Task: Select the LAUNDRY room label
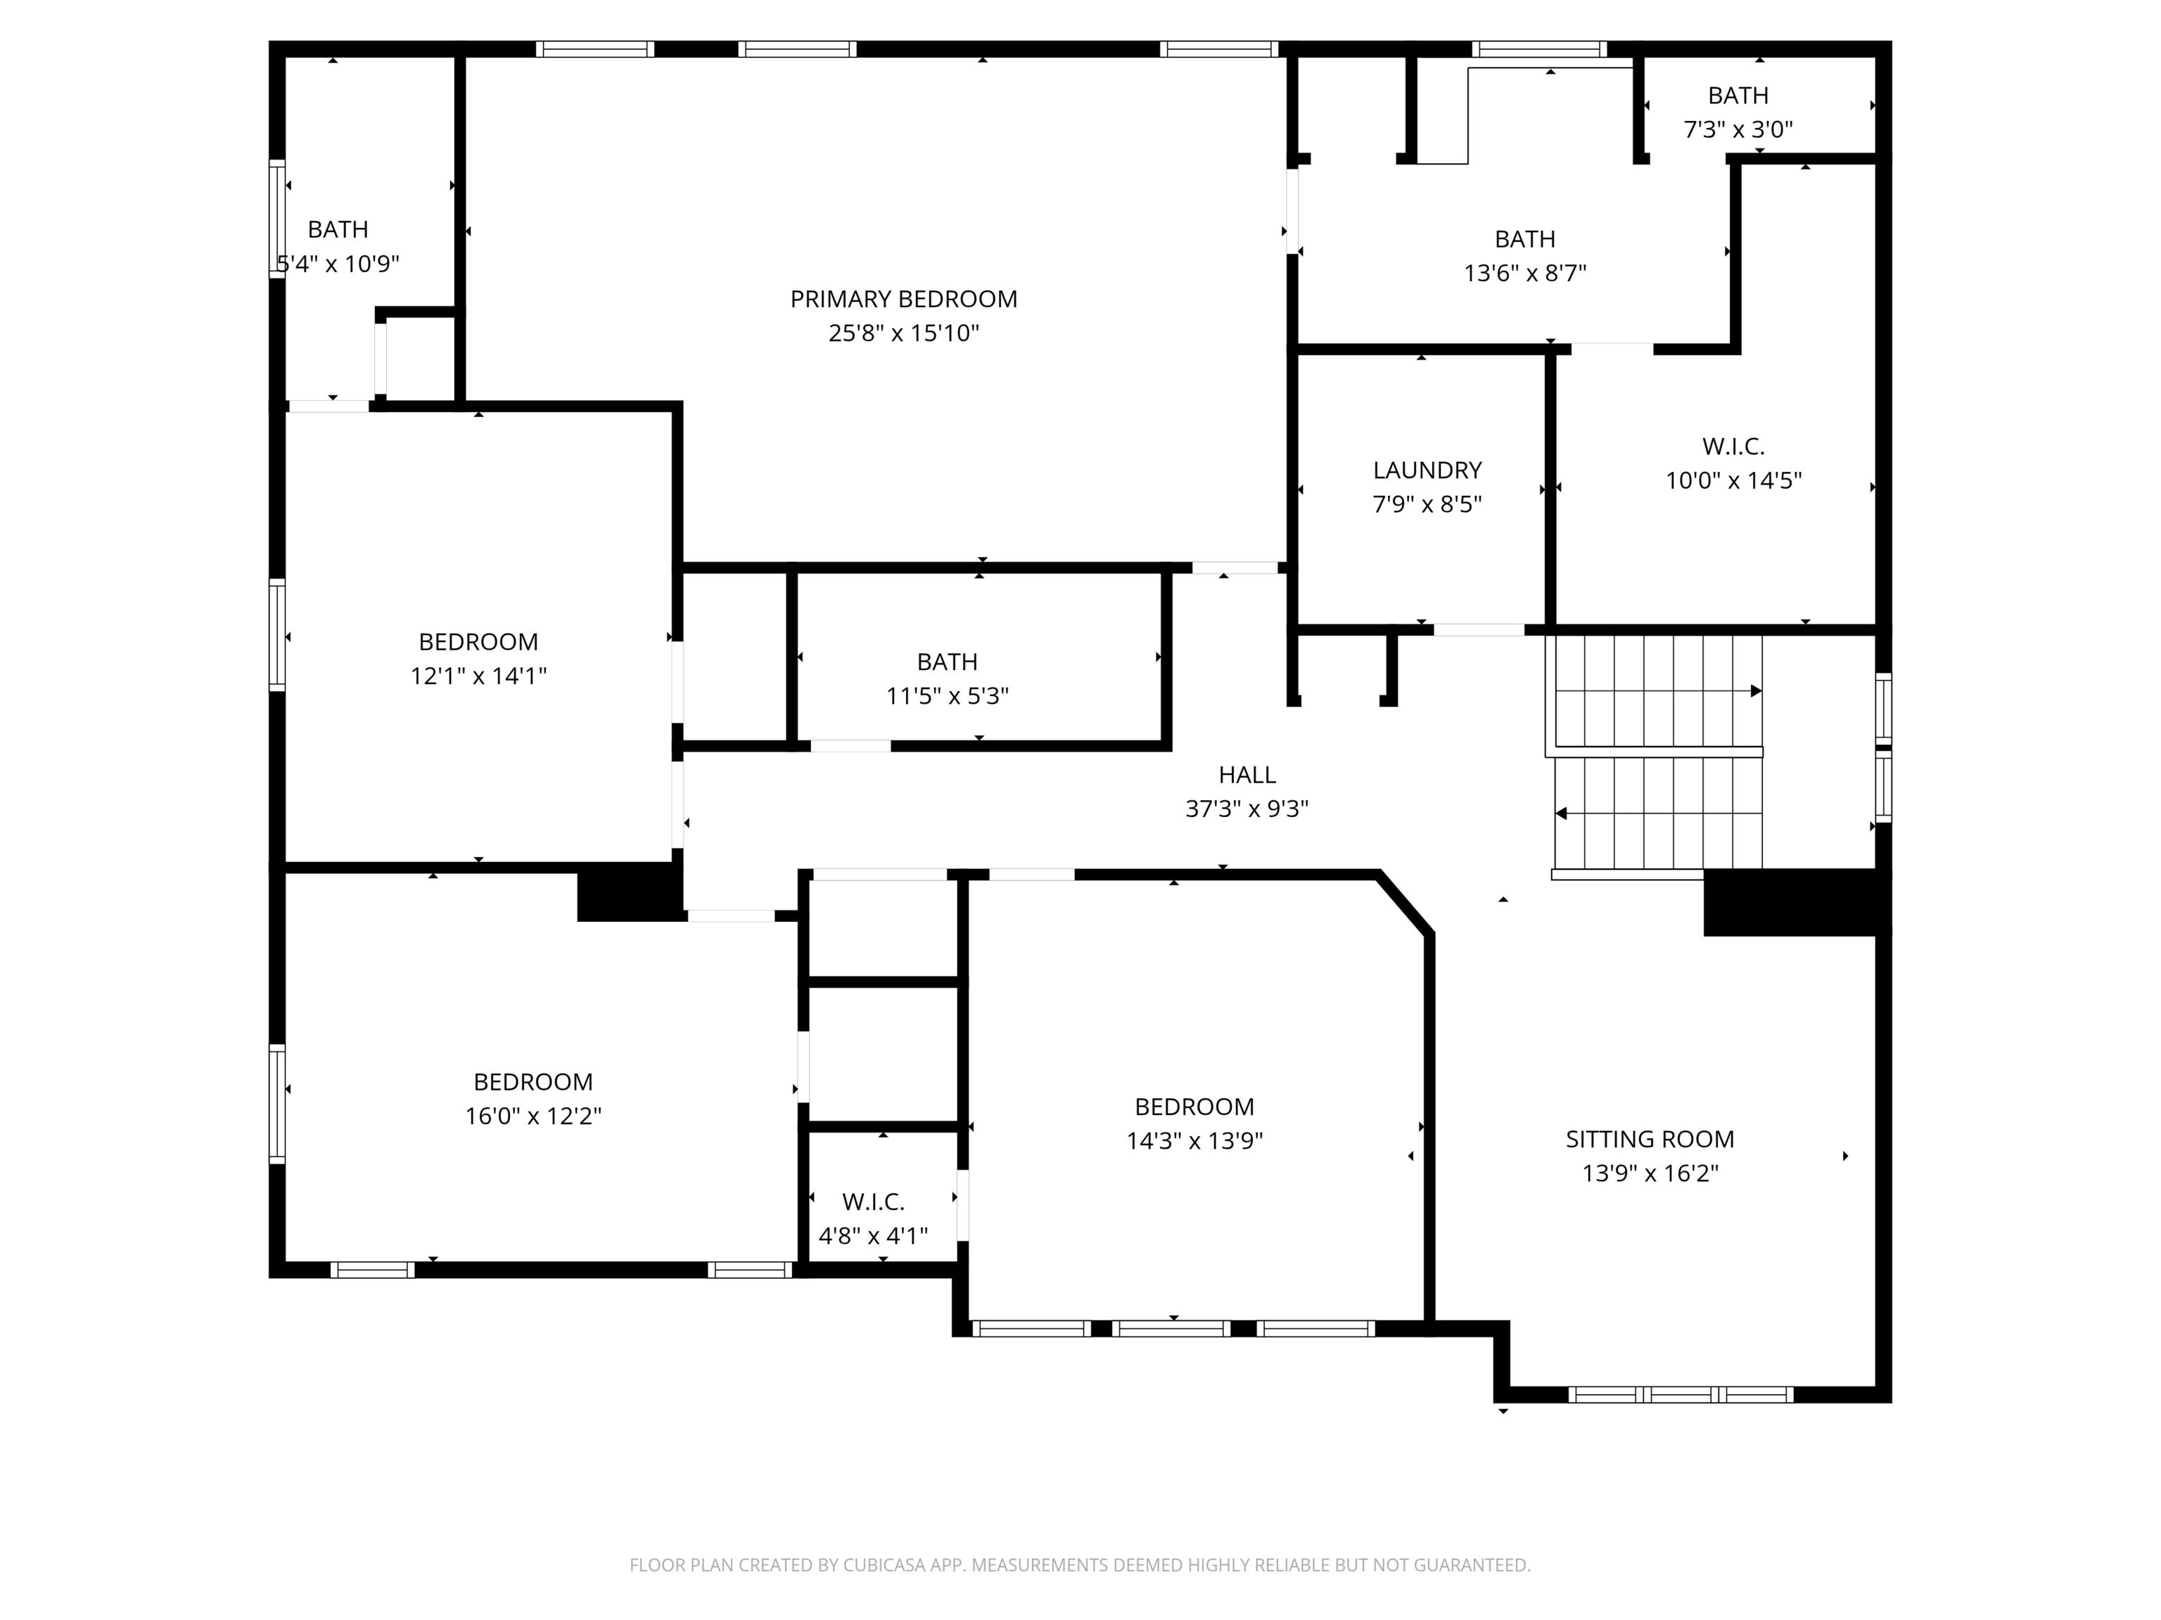point(1427,470)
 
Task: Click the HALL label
point(1247,774)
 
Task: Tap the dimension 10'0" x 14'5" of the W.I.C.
point(1733,480)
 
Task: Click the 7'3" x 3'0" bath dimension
point(1738,129)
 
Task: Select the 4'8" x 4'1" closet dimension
point(872,1235)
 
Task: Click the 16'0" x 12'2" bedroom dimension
point(533,1115)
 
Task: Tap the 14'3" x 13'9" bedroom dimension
point(1194,1140)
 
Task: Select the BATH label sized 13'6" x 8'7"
point(1524,238)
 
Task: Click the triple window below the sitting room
point(1681,1394)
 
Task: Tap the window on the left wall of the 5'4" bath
point(277,219)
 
